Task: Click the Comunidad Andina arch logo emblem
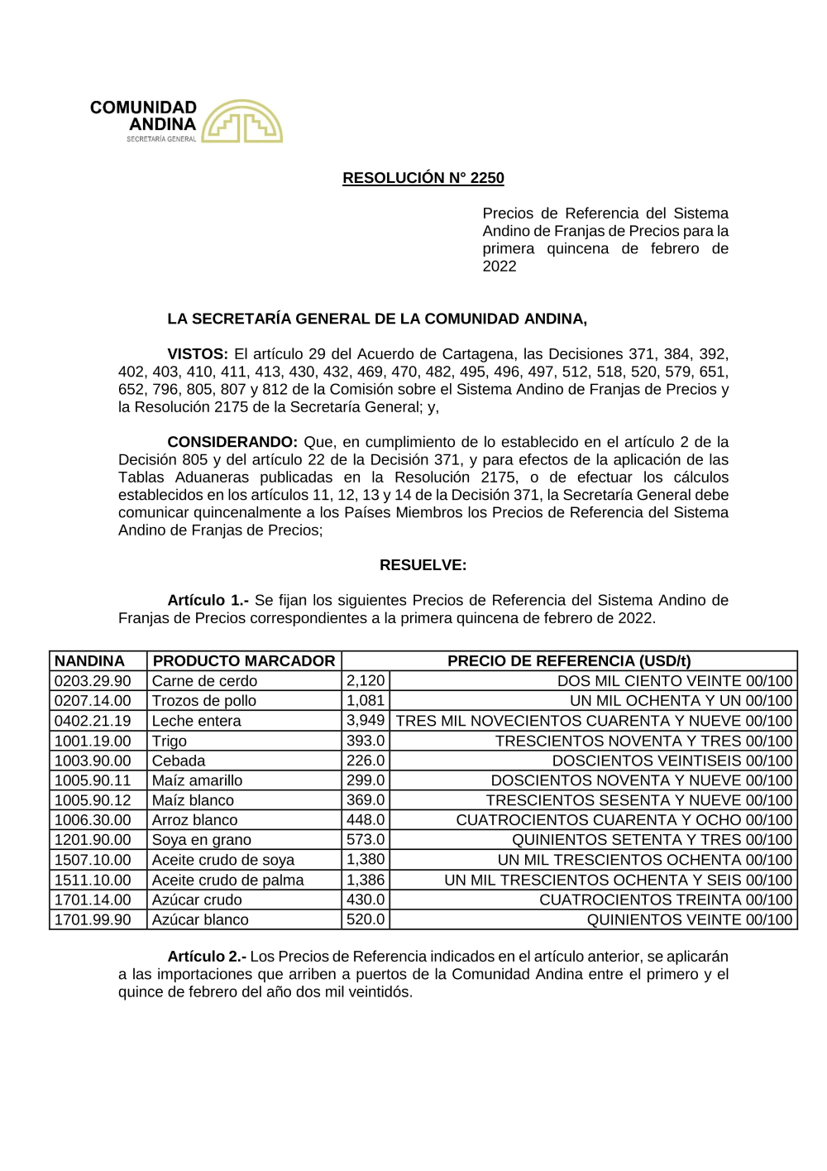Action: tap(241, 122)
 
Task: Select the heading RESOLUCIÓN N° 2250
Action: tap(423, 178)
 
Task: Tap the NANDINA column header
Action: tap(89, 661)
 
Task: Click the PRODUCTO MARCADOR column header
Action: tap(244, 661)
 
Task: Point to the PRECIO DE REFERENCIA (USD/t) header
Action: tap(569, 661)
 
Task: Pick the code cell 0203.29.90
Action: tap(93, 681)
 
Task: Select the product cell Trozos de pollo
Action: tap(204, 701)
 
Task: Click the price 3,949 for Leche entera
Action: tap(366, 721)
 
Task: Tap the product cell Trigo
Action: tap(170, 741)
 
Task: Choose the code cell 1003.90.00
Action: tap(93, 761)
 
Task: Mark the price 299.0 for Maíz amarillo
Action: tap(366, 780)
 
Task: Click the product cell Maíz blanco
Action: tap(193, 800)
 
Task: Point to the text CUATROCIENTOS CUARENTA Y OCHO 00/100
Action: tap(624, 820)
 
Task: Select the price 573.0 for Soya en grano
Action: tap(366, 840)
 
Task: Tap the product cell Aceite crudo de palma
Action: tap(227, 880)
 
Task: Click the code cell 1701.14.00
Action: tap(93, 900)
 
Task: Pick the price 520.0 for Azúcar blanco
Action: tap(366, 919)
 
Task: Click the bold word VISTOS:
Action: tap(198, 354)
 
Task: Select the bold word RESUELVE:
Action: tap(423, 565)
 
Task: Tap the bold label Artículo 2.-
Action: tap(207, 957)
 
